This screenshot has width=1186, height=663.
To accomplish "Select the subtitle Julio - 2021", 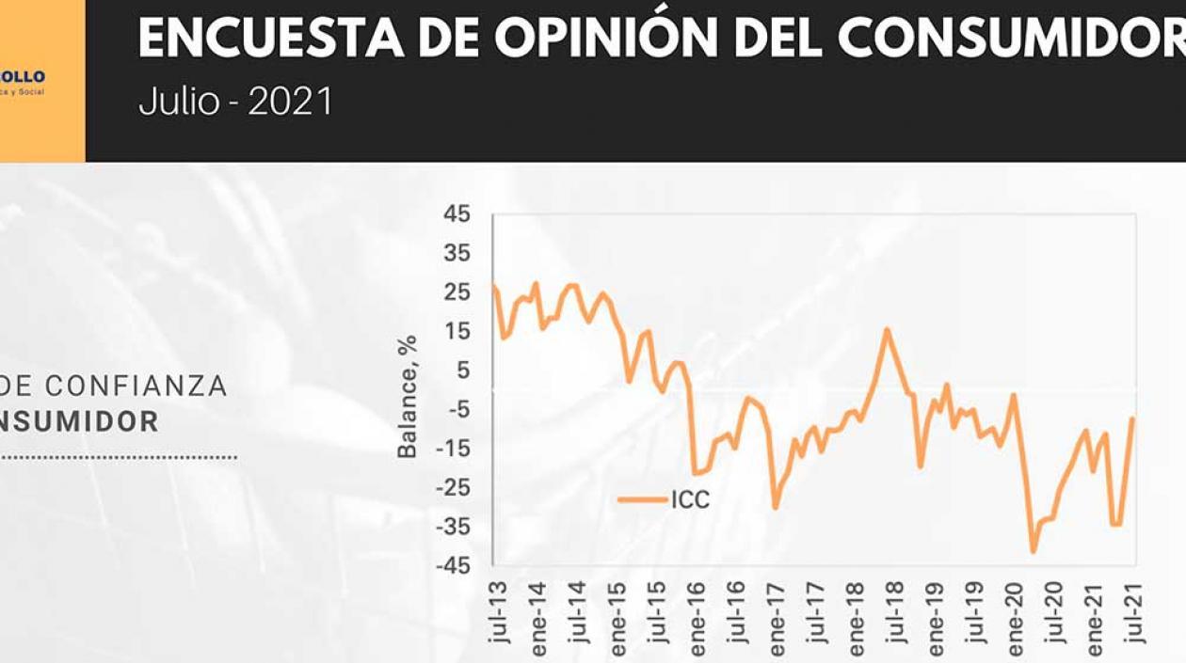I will (x=235, y=102).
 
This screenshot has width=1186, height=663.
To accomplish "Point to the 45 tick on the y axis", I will (x=456, y=213).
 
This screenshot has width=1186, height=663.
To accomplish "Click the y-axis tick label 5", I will (x=461, y=371).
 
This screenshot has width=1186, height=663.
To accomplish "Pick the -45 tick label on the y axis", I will (x=452, y=565).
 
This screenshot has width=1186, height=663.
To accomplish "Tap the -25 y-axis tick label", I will (x=452, y=487).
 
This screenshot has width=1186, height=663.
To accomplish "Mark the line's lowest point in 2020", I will (x=1033, y=552).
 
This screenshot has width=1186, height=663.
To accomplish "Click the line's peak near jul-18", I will (x=887, y=328).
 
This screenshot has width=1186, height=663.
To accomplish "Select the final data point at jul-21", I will (x=1132, y=418).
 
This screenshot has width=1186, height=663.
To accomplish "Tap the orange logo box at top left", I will (x=41, y=81).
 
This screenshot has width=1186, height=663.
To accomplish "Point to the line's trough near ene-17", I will (x=776, y=508).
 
